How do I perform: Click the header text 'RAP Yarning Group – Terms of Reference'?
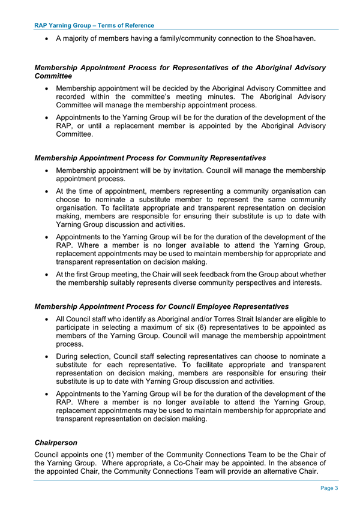(x=94, y=25)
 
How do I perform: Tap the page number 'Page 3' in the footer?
(x=328, y=488)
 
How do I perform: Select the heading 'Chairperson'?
(x=56, y=443)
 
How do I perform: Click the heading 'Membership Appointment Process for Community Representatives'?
(x=151, y=158)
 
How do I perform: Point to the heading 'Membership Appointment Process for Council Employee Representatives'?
(x=161, y=306)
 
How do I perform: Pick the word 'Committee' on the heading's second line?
(x=53, y=76)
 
